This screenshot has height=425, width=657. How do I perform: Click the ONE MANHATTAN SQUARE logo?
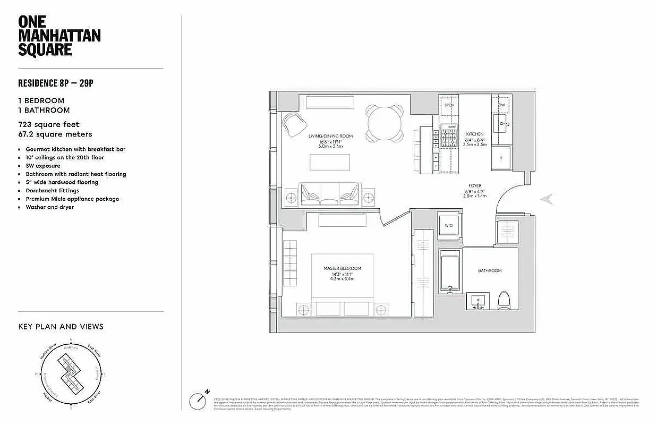(59, 36)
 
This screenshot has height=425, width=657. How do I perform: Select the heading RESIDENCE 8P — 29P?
(59, 83)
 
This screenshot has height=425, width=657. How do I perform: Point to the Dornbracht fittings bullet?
(52, 190)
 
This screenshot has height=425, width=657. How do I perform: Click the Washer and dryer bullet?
(49, 207)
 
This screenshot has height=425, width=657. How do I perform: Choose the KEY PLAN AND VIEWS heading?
(61, 327)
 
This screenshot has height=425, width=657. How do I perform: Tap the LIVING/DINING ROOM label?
(330, 137)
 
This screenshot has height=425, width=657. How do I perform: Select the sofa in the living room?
(330, 194)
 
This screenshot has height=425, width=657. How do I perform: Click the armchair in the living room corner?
(294, 125)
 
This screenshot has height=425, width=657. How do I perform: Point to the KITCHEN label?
(475, 134)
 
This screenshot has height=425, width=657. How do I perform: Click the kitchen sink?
(501, 125)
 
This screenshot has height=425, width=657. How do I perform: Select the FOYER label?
(475, 186)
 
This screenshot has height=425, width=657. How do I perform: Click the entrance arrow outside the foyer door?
(547, 200)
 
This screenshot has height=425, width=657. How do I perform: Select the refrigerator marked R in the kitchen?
(501, 158)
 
